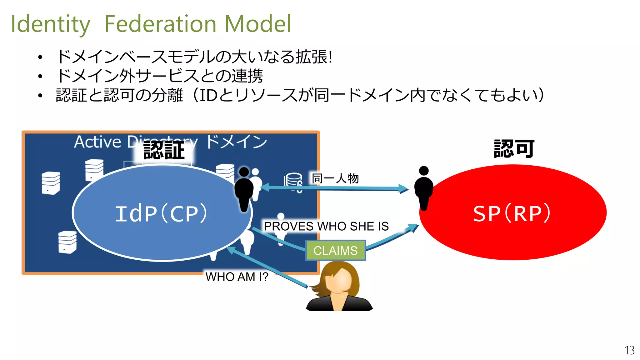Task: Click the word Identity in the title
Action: tap(50, 24)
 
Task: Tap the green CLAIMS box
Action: tap(335, 251)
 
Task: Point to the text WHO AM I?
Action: tap(237, 277)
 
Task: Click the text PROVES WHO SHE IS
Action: tap(326, 226)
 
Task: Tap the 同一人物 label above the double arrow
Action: tap(335, 178)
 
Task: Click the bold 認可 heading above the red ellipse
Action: tap(514, 149)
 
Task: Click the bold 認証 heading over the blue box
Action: tap(164, 151)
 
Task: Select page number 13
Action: tap(629, 350)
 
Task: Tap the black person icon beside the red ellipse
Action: tap(424, 188)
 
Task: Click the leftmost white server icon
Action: tap(51, 183)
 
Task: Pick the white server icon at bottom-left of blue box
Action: tap(67, 242)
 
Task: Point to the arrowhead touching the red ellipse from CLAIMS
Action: tap(414, 227)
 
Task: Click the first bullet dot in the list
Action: tap(40, 57)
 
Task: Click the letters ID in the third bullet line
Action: tap(208, 95)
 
